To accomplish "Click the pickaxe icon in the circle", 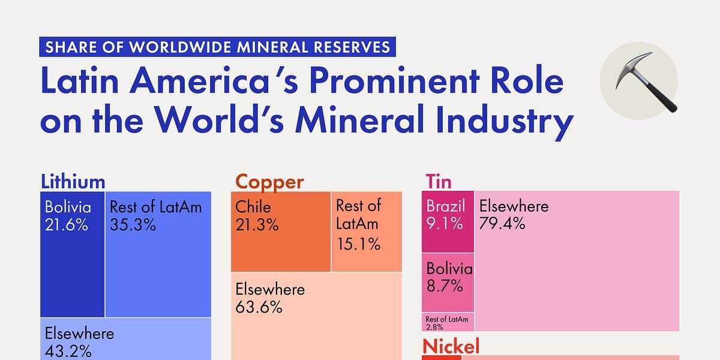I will click(638, 80).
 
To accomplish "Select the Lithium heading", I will click(73, 181).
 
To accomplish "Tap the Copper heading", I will click(269, 181).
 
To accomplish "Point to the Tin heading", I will click(438, 181).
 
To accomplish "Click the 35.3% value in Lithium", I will click(133, 225).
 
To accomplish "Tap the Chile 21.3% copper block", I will click(281, 232).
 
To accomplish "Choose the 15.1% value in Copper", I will click(358, 244).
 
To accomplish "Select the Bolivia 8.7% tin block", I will click(448, 281).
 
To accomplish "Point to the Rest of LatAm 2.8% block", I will click(448, 322).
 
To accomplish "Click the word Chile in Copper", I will click(253, 208).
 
